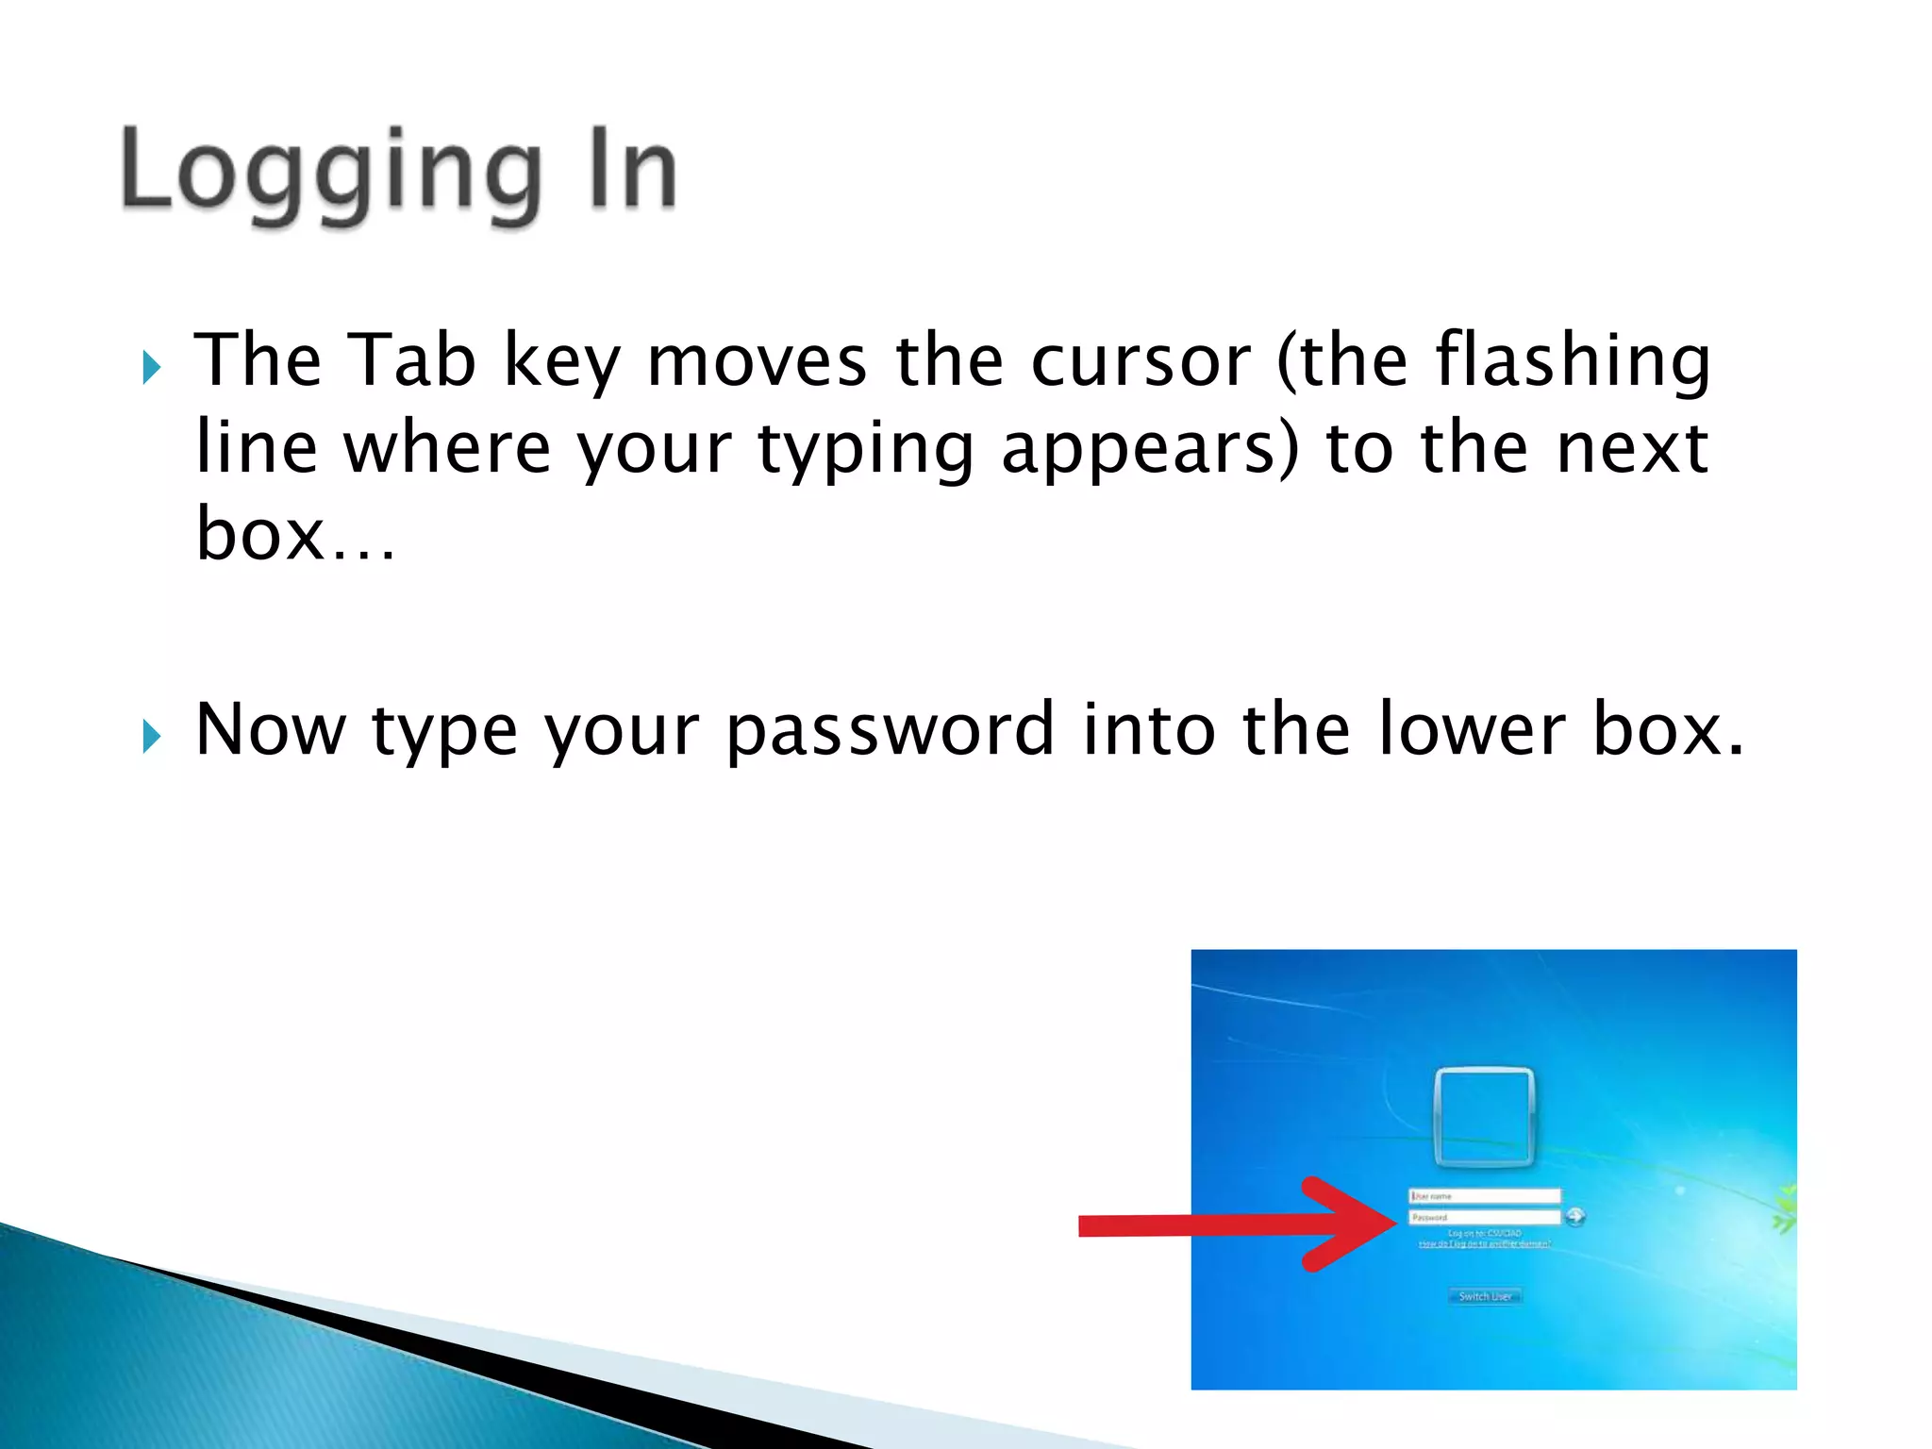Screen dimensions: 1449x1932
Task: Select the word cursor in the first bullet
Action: click(1140, 360)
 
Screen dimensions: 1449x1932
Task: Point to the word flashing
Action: click(1572, 360)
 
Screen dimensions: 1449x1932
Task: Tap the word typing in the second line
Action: click(865, 448)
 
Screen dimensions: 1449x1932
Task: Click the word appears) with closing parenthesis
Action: click(1149, 448)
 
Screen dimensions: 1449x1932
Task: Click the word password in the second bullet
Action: click(890, 729)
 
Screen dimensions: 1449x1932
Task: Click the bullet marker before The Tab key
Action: click(151, 367)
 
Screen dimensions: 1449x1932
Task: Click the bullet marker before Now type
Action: click(151, 736)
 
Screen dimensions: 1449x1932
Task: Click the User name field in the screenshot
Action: click(1484, 1195)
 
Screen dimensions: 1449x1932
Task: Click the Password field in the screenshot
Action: click(1484, 1217)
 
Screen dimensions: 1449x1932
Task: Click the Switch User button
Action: click(1484, 1296)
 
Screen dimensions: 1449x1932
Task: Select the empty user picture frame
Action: click(1483, 1116)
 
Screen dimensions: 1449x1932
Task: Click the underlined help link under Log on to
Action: click(1484, 1244)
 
